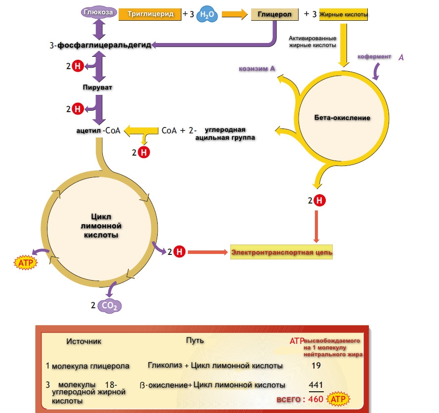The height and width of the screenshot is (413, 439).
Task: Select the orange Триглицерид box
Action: [x=150, y=15]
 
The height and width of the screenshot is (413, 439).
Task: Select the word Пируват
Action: [x=97, y=87]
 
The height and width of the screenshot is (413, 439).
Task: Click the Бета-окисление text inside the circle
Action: [x=342, y=118]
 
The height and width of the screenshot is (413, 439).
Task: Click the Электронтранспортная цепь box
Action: [x=282, y=252]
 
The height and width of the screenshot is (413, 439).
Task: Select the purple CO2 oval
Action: [x=109, y=306]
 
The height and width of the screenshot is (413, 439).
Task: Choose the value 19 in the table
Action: [x=317, y=367]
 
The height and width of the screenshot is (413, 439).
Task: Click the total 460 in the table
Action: [x=316, y=399]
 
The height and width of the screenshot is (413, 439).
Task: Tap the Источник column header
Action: [x=84, y=341]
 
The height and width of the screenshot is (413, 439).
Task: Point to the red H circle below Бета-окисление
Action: [x=320, y=201]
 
